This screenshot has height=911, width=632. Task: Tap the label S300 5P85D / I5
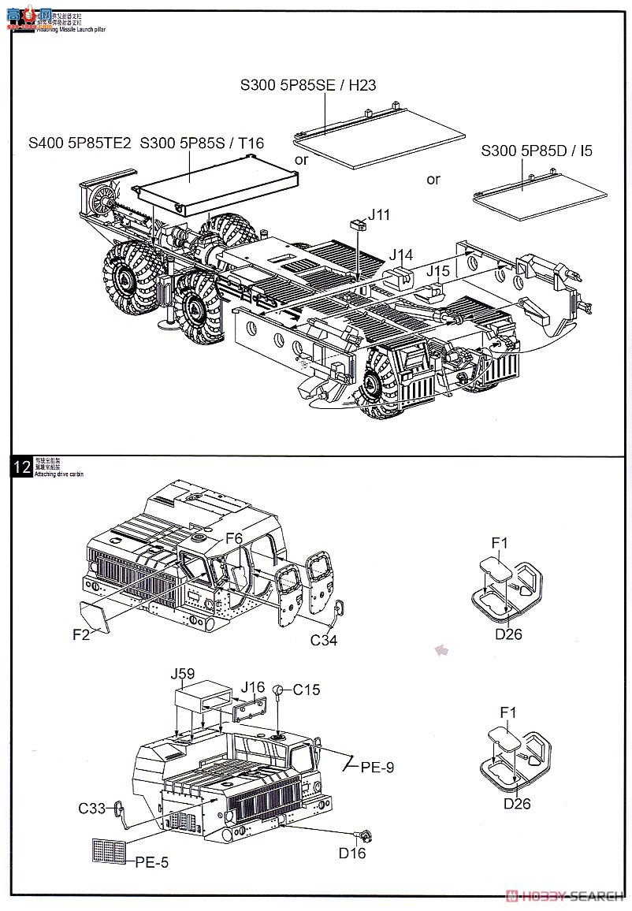(537, 150)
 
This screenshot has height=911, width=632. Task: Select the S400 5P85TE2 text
(80, 143)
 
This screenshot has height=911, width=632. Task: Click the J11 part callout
(378, 214)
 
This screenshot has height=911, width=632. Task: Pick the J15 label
(438, 270)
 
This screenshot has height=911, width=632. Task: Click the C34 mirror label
(323, 640)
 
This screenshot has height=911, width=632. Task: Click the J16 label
(254, 686)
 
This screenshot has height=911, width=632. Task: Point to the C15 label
(307, 690)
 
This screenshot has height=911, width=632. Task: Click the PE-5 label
(151, 863)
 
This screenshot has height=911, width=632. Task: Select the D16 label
(352, 853)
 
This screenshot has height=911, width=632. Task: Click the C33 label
(92, 808)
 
